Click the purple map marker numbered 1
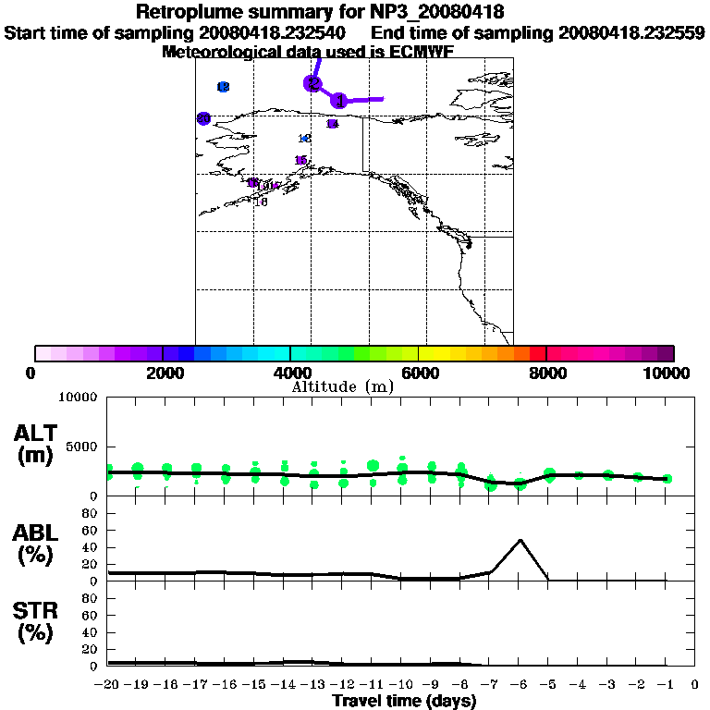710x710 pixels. tap(339, 100)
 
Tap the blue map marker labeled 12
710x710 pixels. tap(223, 87)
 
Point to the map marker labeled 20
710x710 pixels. tap(203, 117)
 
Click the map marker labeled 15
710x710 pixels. tap(300, 161)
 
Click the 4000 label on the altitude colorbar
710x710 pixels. tap(290, 373)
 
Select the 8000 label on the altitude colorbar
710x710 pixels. tap(546, 373)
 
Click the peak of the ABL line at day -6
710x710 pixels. tap(520, 540)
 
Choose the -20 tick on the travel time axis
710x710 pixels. tap(108, 685)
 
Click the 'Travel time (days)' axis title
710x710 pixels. tap(404, 702)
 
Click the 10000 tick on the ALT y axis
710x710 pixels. tap(78, 398)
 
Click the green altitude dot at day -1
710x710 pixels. tap(667, 479)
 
